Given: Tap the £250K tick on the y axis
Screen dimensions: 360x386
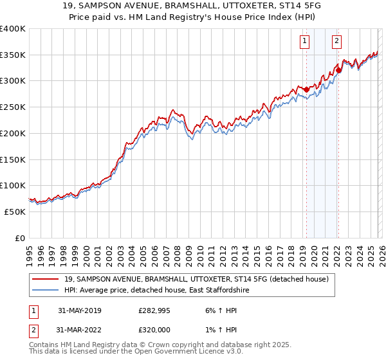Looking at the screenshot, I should [x=13, y=107].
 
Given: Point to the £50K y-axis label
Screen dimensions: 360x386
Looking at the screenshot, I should [x=15, y=212].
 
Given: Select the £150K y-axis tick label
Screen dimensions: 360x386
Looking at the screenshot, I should [x=13, y=159].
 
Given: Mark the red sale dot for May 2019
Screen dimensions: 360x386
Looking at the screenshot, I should [x=306, y=89].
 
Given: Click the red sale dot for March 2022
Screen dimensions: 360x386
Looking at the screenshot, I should [x=338, y=70].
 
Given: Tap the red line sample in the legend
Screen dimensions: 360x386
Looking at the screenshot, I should [x=46, y=279].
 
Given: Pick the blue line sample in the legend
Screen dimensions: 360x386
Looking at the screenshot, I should [x=46, y=291].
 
